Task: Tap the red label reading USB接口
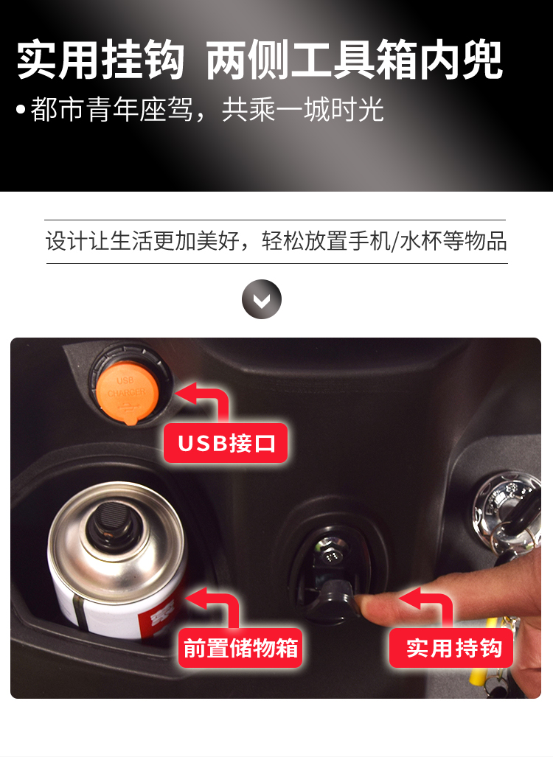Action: [x=226, y=443]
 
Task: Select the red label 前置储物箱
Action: [x=240, y=648]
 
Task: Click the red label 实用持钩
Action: [x=451, y=648]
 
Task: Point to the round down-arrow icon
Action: [x=262, y=299]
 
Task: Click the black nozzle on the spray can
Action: [x=111, y=523]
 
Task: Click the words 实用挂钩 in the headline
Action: [x=100, y=60]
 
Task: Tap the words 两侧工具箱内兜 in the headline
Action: [x=355, y=60]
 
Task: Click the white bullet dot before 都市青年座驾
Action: [x=21, y=109]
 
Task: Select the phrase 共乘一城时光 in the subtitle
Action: [x=303, y=110]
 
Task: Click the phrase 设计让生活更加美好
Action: [x=142, y=241]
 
